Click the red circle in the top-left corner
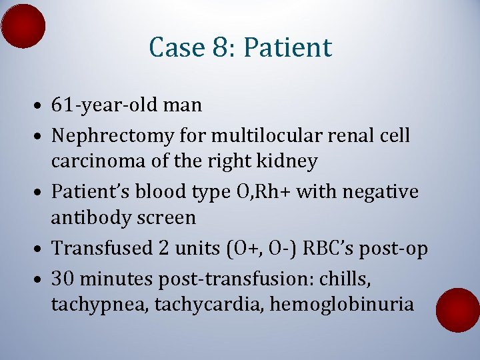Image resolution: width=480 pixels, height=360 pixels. [x=23, y=26]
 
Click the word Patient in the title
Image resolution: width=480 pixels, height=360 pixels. [x=287, y=47]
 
